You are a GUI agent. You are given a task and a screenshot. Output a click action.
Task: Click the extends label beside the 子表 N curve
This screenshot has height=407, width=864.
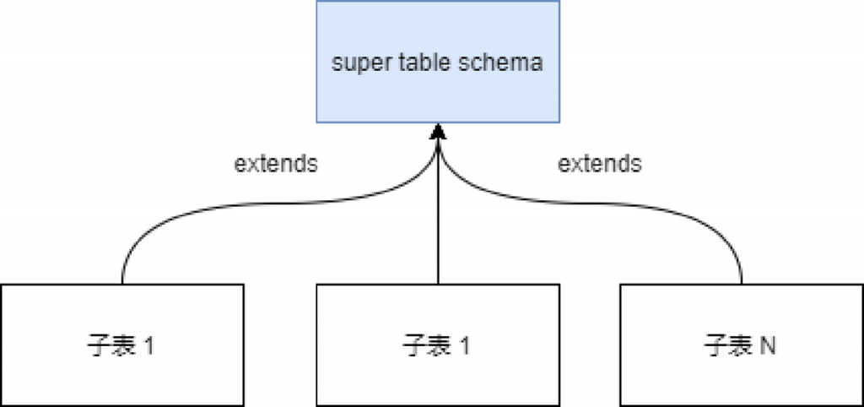599,163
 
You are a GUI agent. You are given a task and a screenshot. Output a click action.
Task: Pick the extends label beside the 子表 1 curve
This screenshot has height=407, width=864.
275,163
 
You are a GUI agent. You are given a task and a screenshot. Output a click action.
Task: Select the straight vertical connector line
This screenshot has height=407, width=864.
438,220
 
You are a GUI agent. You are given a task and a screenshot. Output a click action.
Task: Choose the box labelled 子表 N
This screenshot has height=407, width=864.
741,372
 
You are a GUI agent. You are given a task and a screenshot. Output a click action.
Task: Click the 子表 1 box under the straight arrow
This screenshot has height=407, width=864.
438,372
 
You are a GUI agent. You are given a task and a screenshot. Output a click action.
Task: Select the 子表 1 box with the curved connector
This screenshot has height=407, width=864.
122,372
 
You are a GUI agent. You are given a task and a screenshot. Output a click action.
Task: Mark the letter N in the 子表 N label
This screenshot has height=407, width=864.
766,345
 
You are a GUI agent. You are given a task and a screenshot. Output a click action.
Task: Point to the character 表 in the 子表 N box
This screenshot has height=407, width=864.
738,345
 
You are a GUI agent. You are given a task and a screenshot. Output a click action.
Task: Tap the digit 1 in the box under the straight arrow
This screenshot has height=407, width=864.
464,345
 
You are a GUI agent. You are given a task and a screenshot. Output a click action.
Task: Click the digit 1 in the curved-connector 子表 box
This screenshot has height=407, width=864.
148,345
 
